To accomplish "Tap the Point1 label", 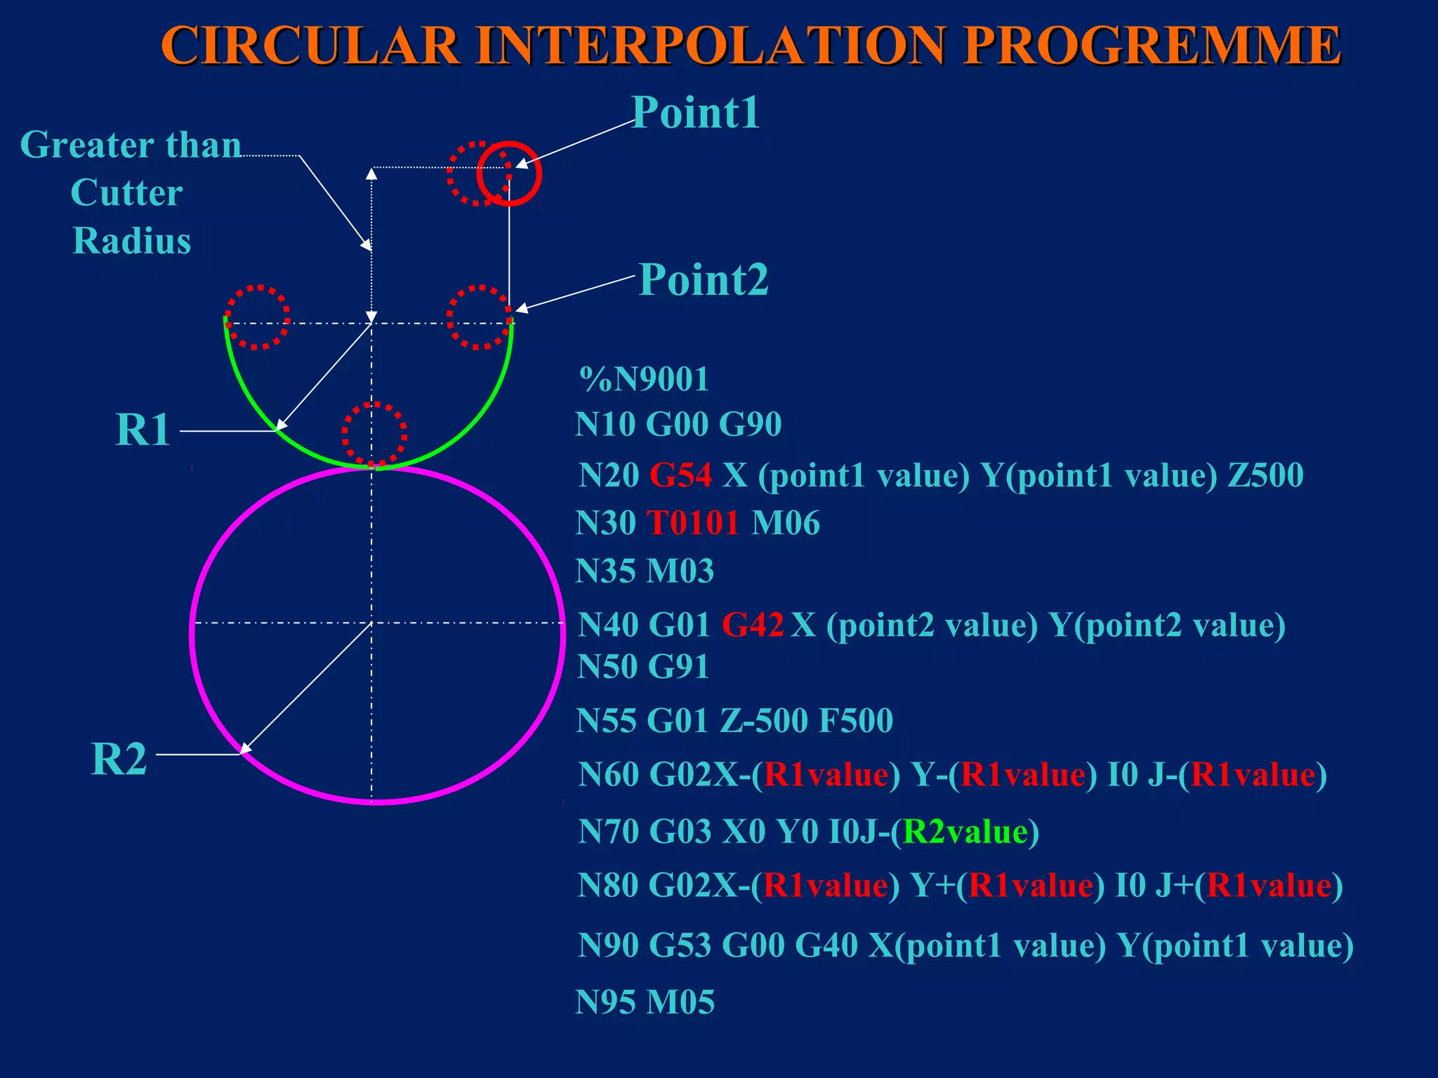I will tap(695, 112).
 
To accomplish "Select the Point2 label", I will tap(704, 279).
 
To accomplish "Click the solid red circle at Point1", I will tap(510, 174).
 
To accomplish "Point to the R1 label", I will tap(143, 430).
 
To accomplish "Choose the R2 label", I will tap(119, 759).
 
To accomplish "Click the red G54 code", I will tap(680, 475).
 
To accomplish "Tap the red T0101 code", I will tap(692, 523).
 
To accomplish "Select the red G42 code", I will tap(753, 624).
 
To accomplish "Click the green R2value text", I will tap(965, 832).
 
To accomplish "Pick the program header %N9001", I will tap(644, 379).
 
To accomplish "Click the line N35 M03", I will tap(645, 571).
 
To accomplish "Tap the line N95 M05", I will tap(645, 1002).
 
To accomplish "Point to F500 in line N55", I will tap(855, 721).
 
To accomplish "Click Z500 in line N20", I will tap(1265, 475).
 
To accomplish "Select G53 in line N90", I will tap(680, 945).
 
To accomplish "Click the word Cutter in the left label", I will tap(127, 192).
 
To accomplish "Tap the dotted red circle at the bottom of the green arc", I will tap(374, 434).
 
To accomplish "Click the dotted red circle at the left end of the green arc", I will tap(257, 317).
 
